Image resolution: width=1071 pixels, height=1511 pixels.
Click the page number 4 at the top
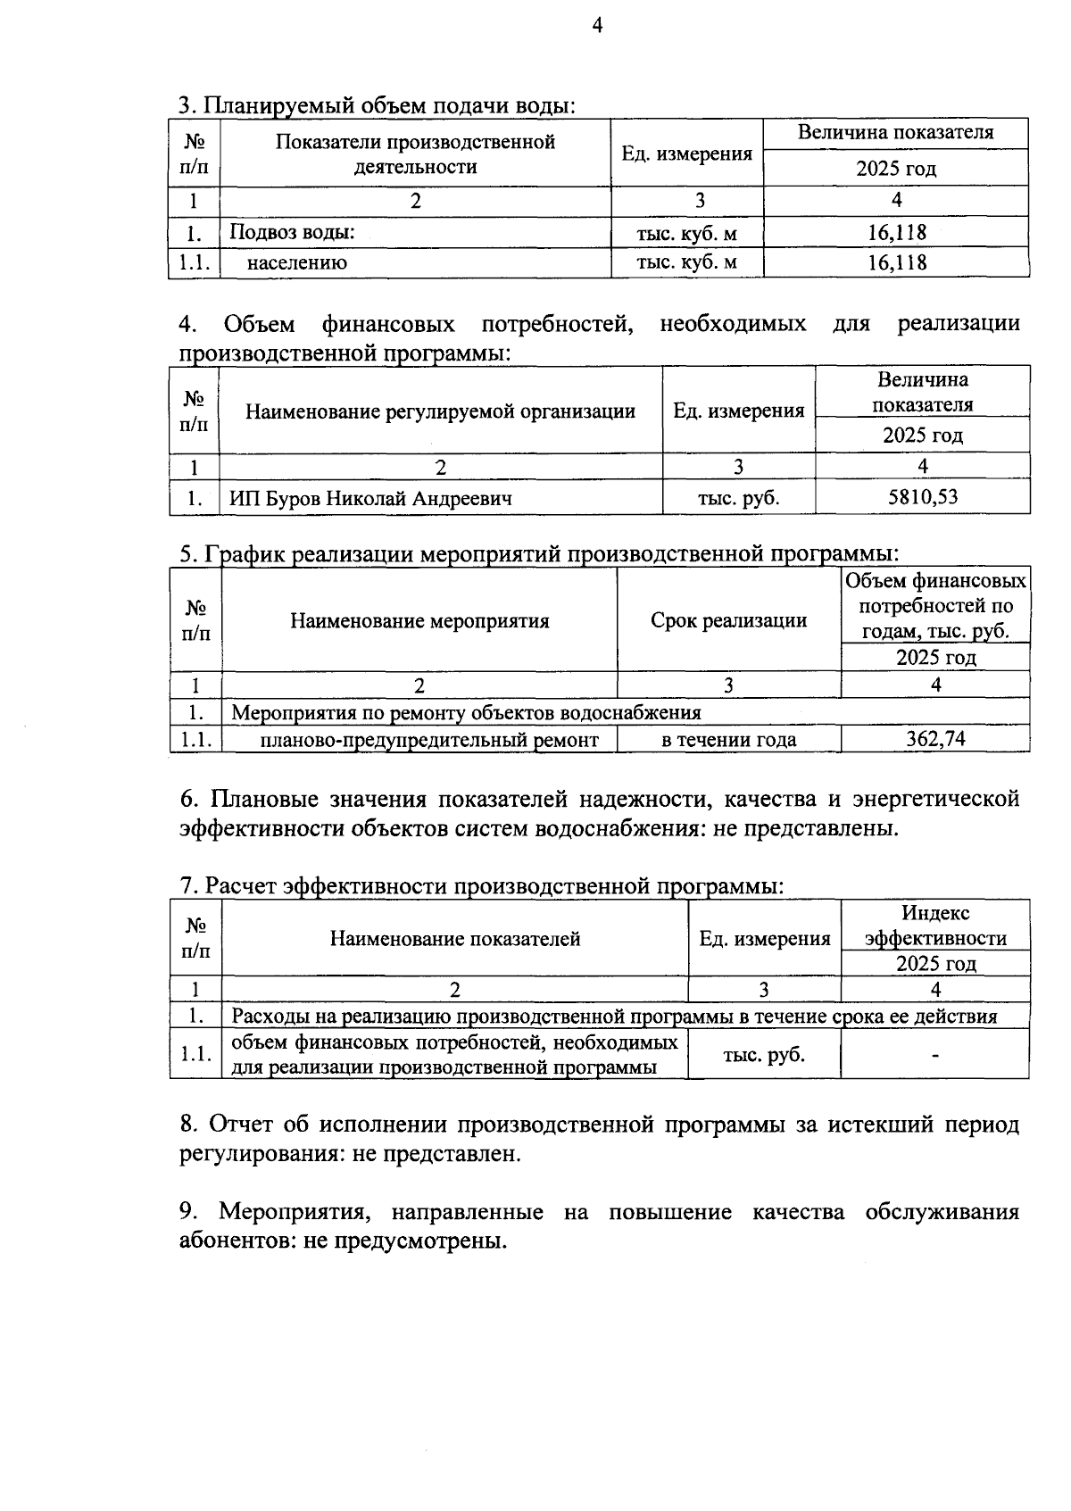pyautogui.click(x=598, y=26)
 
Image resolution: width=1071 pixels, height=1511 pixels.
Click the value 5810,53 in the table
pyautogui.click(x=923, y=496)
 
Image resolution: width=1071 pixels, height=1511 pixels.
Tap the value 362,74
pyautogui.click(x=935, y=738)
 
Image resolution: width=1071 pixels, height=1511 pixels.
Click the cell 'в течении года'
pyautogui.click(x=728, y=739)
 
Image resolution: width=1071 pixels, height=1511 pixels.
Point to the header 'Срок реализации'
pyautogui.click(x=728, y=620)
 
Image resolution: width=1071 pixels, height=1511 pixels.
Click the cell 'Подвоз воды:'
pyautogui.click(x=293, y=233)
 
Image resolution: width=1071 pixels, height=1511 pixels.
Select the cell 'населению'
pyautogui.click(x=297, y=262)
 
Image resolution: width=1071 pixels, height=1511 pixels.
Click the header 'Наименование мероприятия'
pyautogui.click(x=419, y=620)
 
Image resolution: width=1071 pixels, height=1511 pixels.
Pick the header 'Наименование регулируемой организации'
pyautogui.click(x=440, y=411)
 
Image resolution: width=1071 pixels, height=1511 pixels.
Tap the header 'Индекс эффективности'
pyautogui.click(x=935, y=926)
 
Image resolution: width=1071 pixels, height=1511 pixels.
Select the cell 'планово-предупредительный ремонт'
pyautogui.click(x=429, y=739)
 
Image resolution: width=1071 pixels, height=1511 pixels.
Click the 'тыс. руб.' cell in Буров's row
pyautogui.click(x=738, y=498)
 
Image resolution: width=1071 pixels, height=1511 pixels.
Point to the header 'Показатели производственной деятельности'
pyautogui.click(x=415, y=154)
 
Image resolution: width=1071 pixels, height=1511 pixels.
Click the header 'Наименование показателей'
pyautogui.click(x=455, y=938)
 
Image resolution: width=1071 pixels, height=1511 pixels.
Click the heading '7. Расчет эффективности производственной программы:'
pyautogui.click(x=482, y=885)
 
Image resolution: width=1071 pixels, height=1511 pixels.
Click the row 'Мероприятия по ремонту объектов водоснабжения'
pyautogui.click(x=466, y=712)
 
